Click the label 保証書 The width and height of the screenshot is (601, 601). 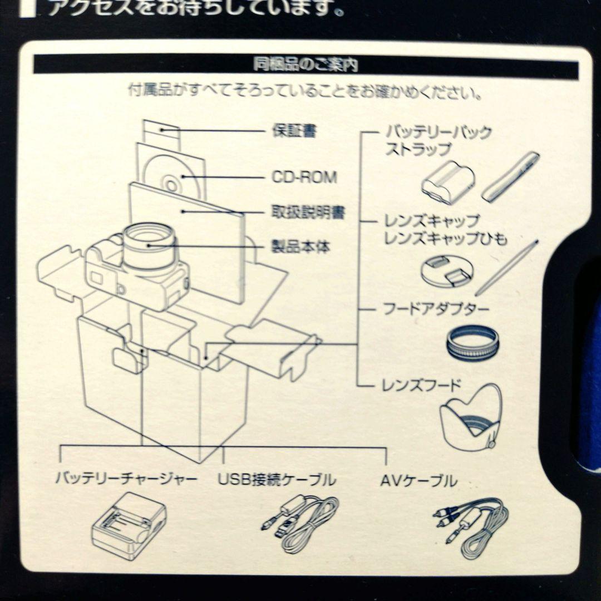pyautogui.click(x=294, y=132)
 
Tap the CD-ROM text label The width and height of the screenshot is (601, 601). pyautogui.click(x=304, y=178)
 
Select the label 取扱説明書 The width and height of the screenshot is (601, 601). pyautogui.click(x=308, y=213)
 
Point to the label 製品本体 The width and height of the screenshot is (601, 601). pyautogui.click(x=300, y=246)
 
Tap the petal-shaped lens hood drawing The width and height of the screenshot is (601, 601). pyautogui.click(x=471, y=417)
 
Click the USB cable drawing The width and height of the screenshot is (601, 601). pyautogui.click(x=301, y=523)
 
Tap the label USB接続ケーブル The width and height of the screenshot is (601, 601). pyautogui.click(x=277, y=479)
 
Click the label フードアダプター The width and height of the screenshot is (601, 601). pyautogui.click(x=437, y=309)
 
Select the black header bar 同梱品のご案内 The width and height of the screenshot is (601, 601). pyautogui.click(x=306, y=65)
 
